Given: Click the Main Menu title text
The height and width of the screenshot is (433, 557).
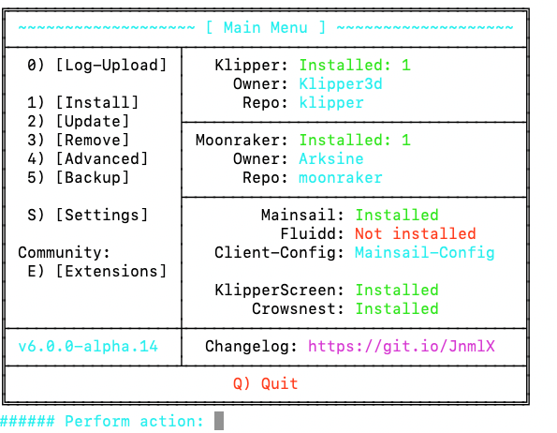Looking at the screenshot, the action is (x=265, y=27).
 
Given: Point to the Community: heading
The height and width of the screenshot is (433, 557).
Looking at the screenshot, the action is (x=64, y=253).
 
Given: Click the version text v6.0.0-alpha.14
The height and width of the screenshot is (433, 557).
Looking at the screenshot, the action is (x=88, y=347).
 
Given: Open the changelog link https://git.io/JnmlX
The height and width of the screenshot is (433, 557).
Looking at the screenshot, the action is (x=402, y=347).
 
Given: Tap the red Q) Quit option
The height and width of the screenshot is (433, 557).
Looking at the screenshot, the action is (x=265, y=384).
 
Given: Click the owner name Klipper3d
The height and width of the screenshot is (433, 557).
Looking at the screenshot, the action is (x=341, y=84).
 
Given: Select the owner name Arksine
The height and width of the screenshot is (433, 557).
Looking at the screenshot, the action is (x=331, y=159).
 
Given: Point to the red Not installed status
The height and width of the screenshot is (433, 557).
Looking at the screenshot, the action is (x=416, y=234).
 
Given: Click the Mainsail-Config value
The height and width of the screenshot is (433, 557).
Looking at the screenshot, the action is (x=425, y=253).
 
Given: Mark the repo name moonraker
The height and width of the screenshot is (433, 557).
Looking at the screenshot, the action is (x=341, y=178).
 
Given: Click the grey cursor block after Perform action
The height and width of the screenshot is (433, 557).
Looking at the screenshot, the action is (x=219, y=421).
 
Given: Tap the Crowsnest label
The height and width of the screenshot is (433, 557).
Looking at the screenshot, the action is (x=294, y=309).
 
